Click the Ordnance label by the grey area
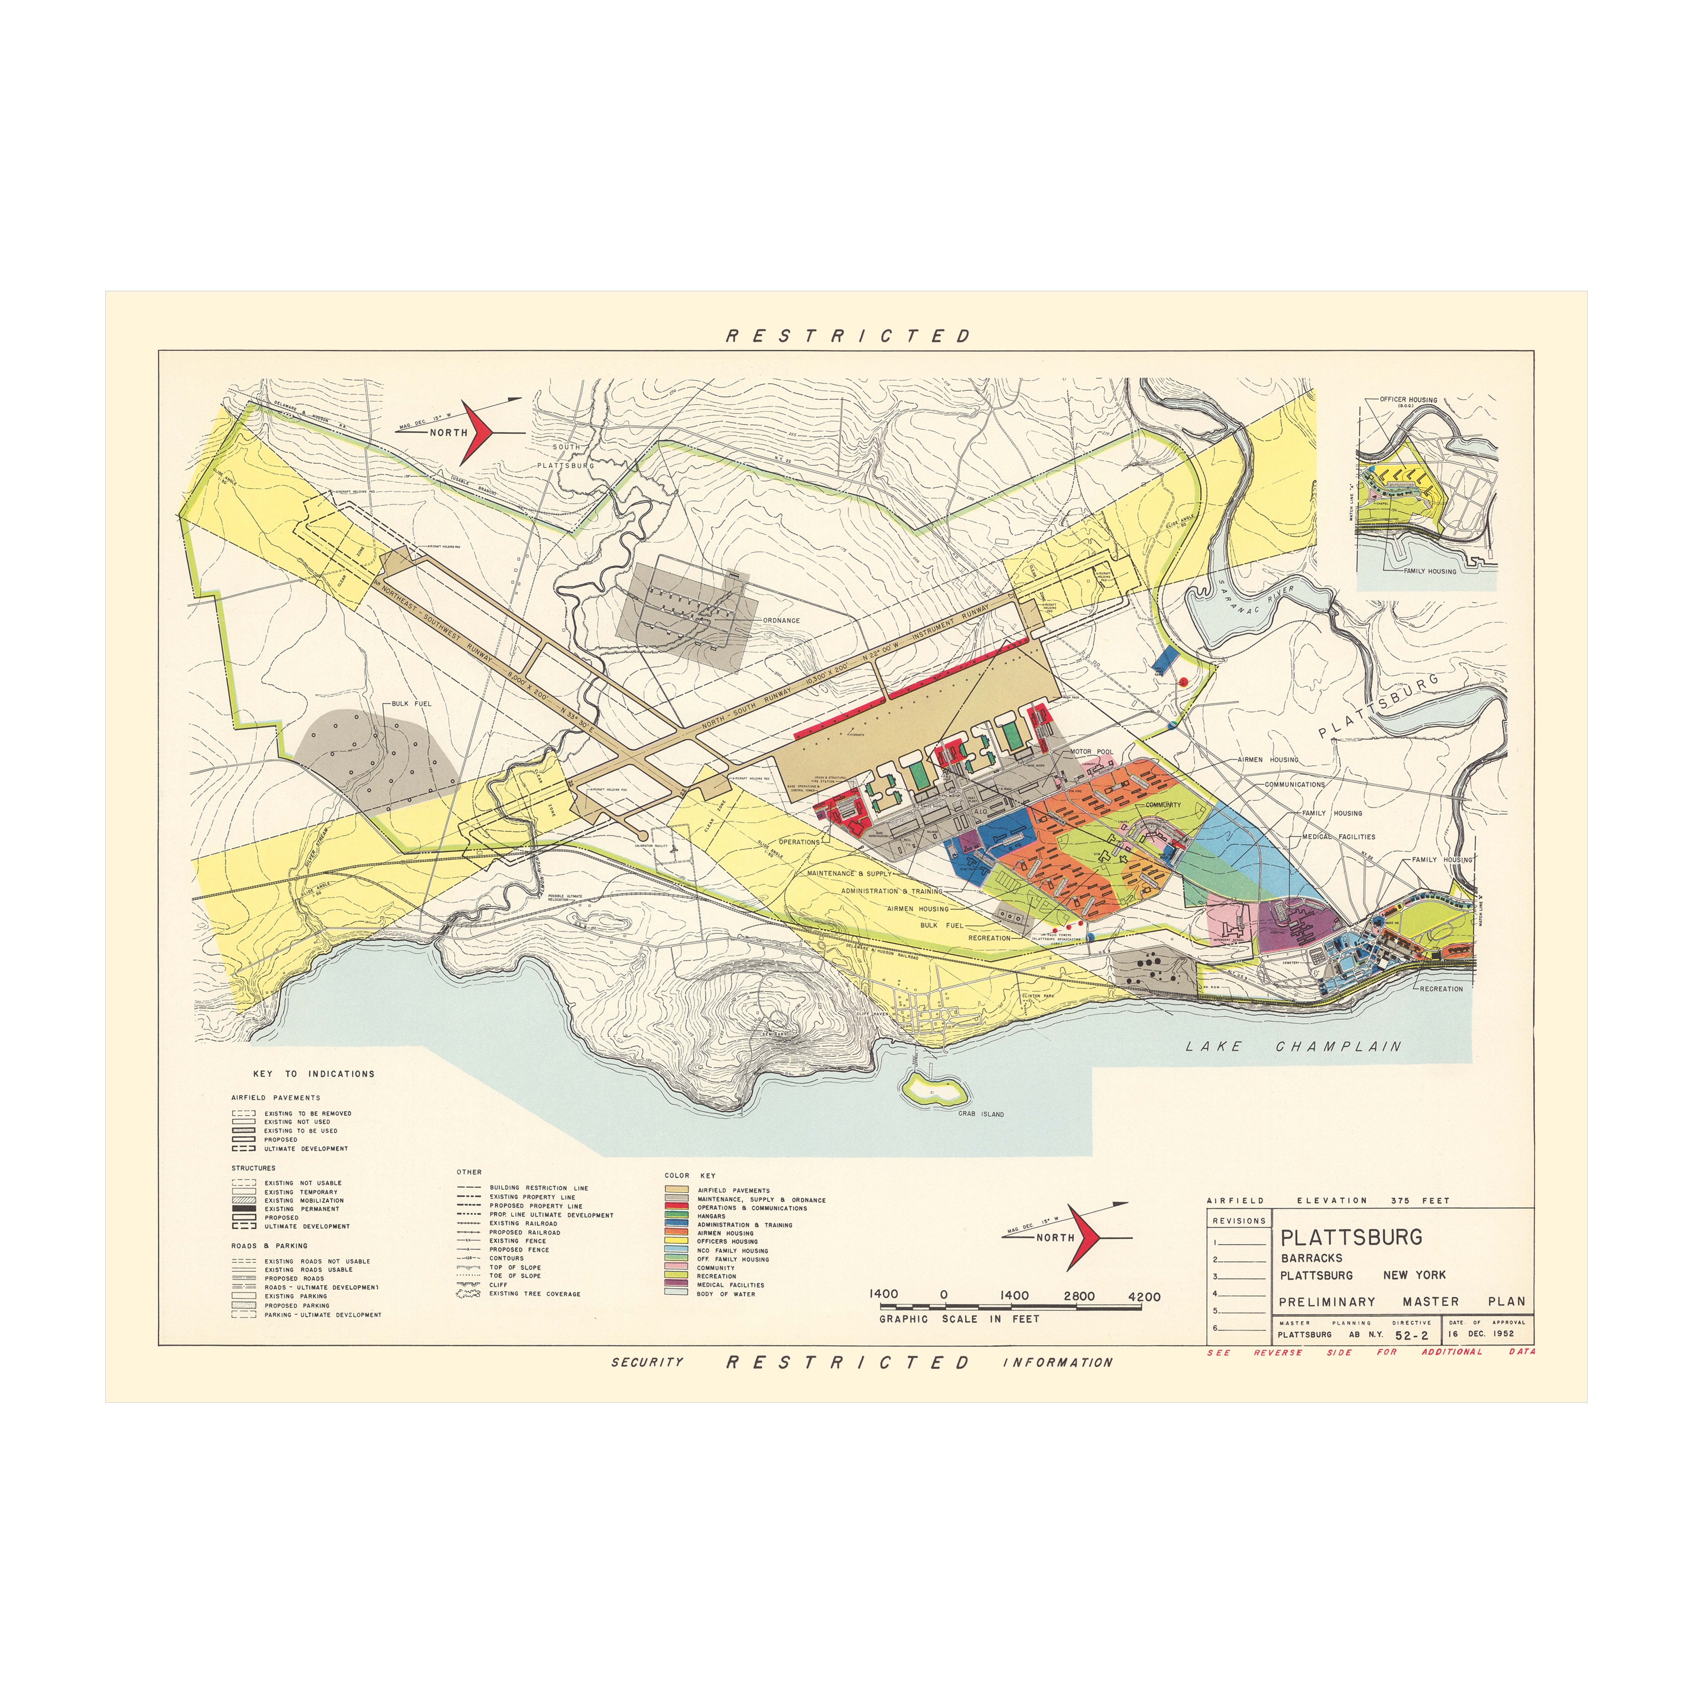[781, 620]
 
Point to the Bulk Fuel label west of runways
[411, 704]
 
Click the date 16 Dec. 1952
[1481, 1334]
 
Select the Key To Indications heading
[314, 1073]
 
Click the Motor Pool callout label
[1091, 752]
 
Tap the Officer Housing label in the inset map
[1408, 400]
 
